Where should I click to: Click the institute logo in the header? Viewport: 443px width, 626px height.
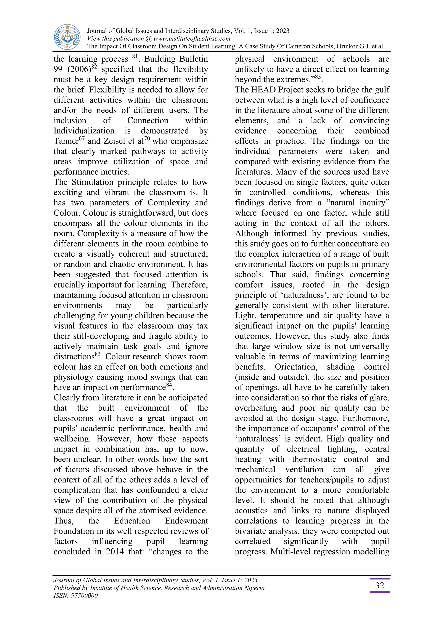pyautogui.click(x=67, y=37)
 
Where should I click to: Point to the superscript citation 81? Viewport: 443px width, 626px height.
pyautogui.click(x=135, y=56)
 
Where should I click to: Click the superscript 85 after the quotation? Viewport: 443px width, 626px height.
pyautogui.click(x=317, y=77)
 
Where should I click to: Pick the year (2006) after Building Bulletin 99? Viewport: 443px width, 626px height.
pyautogui.click(x=79, y=69)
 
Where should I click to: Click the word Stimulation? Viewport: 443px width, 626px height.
pyautogui.click(x=90, y=182)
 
